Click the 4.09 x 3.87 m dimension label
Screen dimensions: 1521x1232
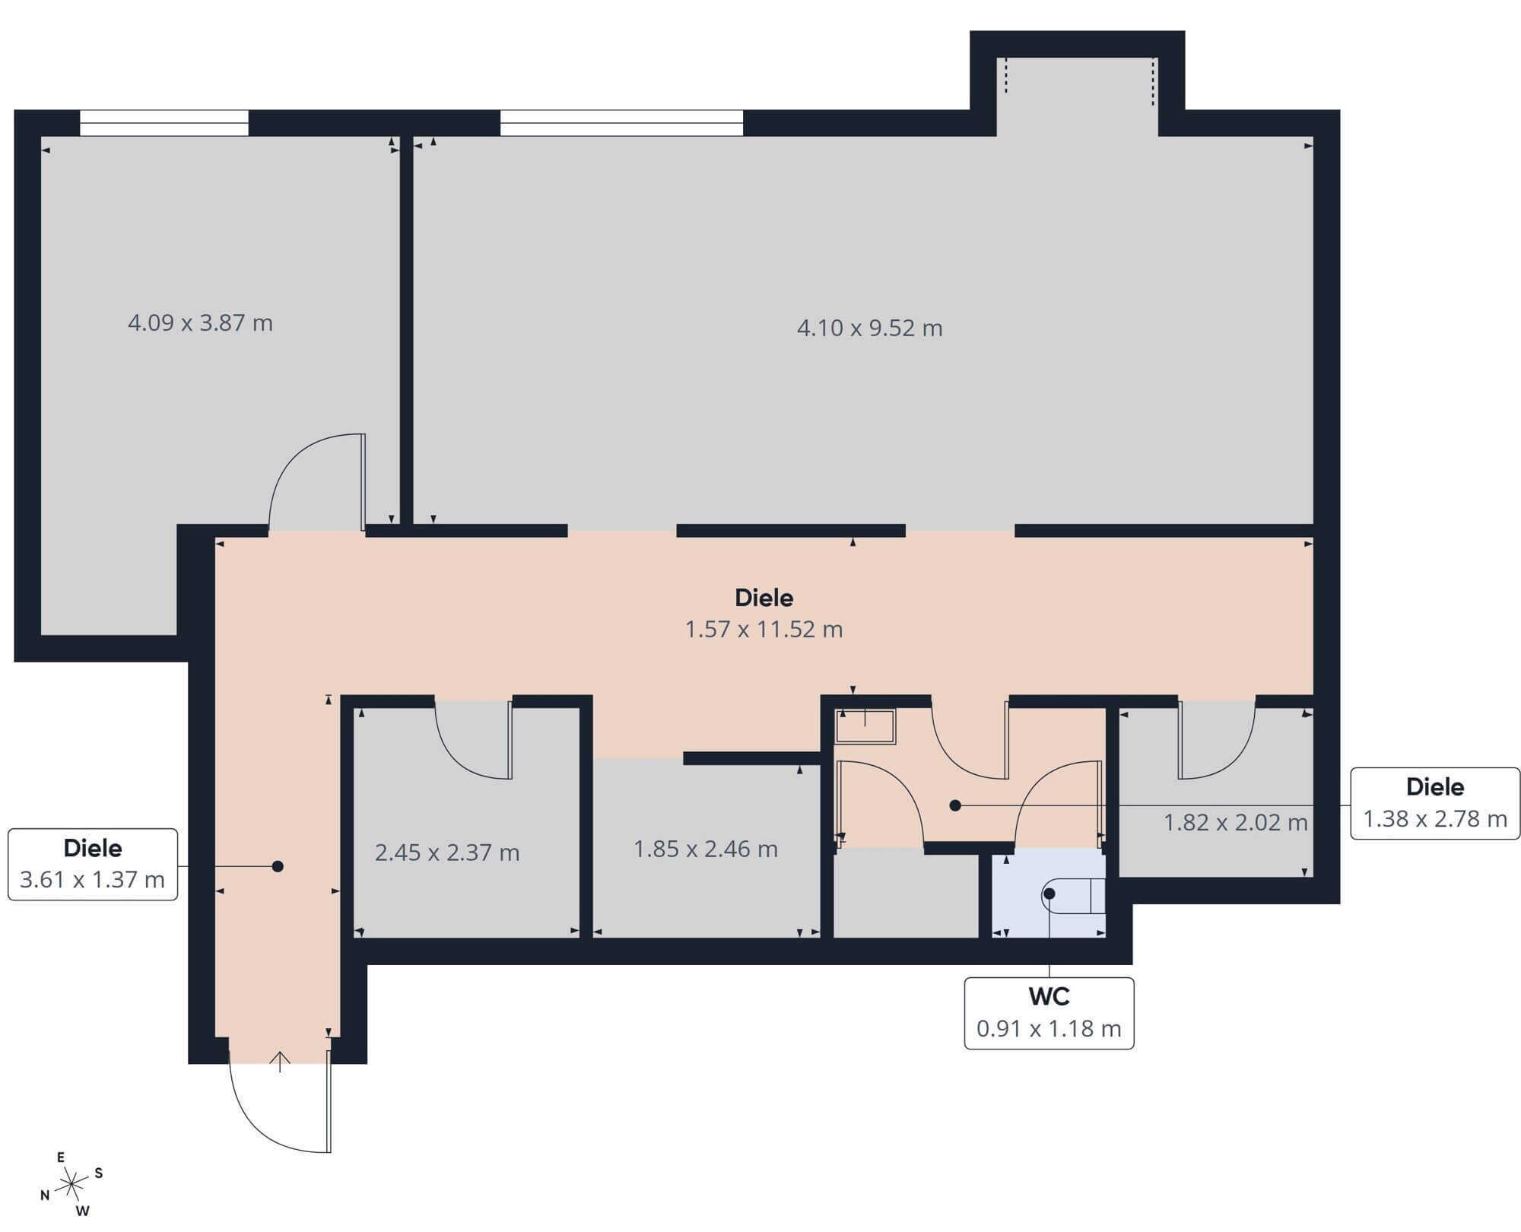200,323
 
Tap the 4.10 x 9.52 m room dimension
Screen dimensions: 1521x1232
869,328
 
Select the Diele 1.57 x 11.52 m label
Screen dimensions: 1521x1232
764,614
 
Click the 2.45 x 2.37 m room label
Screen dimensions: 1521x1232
447,853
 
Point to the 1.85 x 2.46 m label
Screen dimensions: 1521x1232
706,849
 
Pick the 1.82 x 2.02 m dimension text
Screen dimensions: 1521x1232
1236,822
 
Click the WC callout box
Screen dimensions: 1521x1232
1049,1013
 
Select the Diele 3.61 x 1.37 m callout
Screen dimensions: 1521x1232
93,865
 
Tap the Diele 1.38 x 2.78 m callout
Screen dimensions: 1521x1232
1435,804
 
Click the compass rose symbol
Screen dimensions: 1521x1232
71,1183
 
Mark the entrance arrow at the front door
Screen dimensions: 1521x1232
280,1062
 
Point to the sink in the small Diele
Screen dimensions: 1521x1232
865,726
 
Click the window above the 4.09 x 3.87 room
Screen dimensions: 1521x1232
164,123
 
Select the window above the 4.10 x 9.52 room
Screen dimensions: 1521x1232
621,123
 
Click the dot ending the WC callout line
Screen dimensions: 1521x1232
1049,894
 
